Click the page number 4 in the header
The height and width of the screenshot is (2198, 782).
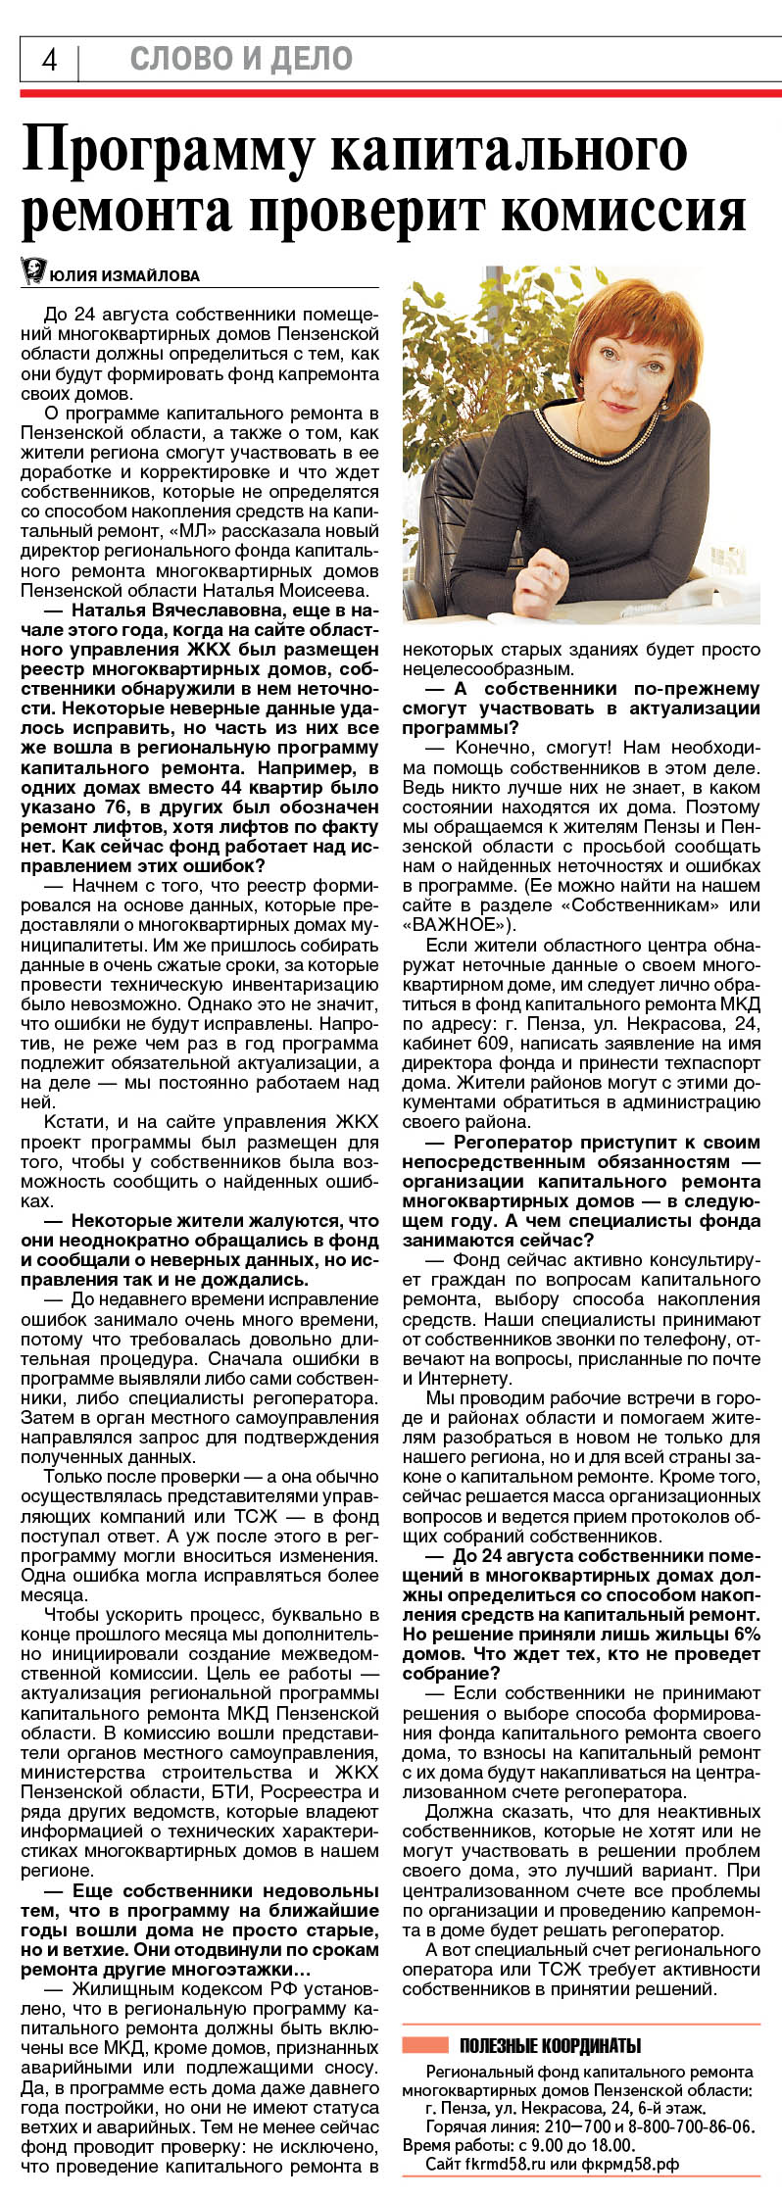(48, 61)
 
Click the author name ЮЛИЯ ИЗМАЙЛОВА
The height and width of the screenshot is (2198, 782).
(123, 276)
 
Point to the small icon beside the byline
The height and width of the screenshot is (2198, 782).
(33, 271)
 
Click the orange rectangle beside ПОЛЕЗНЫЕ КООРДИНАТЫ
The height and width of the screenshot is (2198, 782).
(425, 2045)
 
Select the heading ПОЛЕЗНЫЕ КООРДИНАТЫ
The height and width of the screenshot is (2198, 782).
(550, 2045)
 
